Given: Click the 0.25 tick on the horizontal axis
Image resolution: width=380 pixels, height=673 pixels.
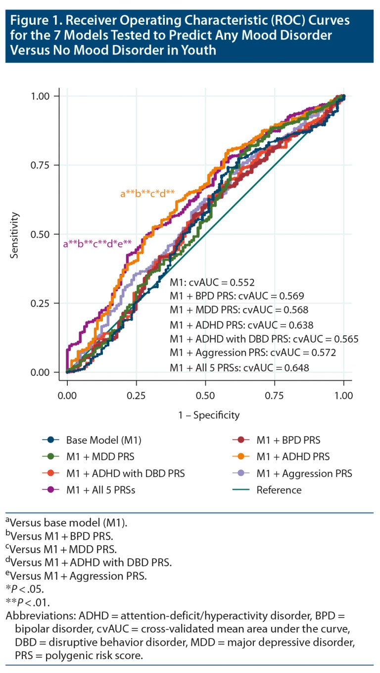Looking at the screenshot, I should point(136,396).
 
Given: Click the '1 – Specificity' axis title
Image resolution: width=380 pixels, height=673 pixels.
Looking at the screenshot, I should point(205,415).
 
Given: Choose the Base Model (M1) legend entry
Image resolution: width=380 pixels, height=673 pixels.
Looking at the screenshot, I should point(91,439).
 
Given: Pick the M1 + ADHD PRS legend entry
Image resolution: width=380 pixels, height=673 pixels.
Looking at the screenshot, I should point(292,456).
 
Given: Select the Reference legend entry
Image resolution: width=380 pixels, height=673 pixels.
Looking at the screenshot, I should point(279,490).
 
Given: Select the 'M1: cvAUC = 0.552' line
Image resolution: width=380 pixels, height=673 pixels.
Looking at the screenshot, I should point(212,283).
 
